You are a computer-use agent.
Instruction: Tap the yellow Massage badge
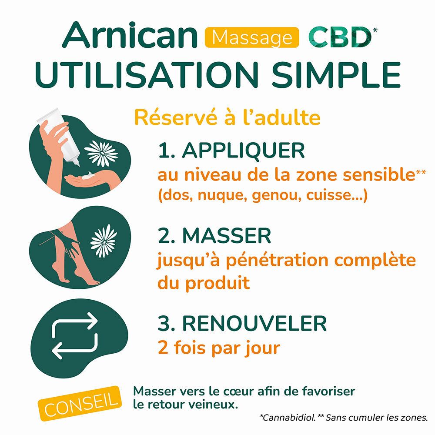(x=252, y=38)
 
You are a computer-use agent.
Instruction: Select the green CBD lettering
(x=340, y=38)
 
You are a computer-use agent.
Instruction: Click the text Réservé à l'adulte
(x=227, y=118)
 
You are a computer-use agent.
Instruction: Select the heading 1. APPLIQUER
(x=231, y=151)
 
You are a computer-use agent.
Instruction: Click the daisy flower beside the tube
(x=101, y=153)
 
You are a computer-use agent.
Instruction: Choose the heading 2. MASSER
(x=214, y=236)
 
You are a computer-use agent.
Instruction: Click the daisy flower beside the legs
(x=104, y=240)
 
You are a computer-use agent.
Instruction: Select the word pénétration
(x=267, y=261)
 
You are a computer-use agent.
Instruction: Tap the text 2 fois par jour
(x=218, y=348)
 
